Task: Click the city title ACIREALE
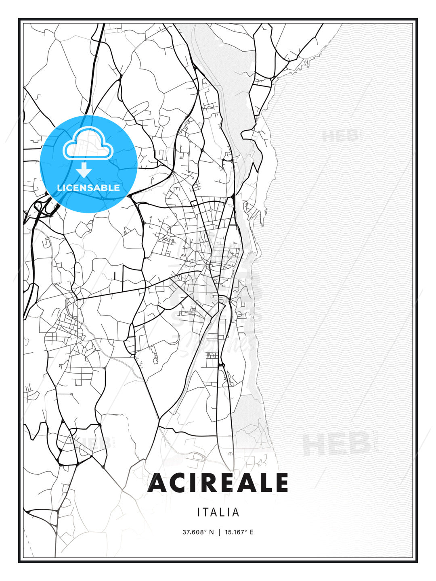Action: (x=218, y=483)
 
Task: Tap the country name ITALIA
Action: (x=218, y=512)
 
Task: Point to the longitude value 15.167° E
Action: (x=239, y=532)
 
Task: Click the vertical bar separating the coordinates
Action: (x=219, y=532)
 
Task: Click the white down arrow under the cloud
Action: (x=84, y=171)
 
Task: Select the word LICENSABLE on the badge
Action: (x=88, y=188)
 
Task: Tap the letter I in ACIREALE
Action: (x=197, y=483)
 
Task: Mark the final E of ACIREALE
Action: (x=281, y=483)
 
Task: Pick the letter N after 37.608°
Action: (x=211, y=532)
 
